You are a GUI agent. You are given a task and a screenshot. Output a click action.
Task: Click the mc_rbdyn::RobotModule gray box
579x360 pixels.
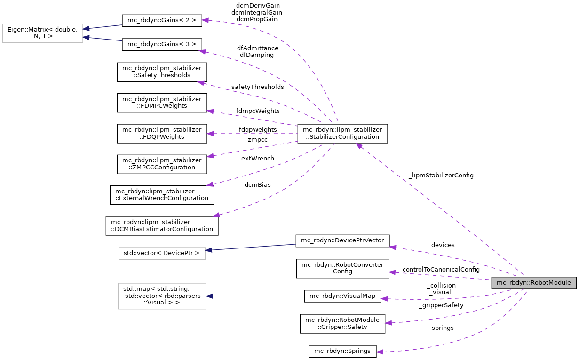click(533, 283)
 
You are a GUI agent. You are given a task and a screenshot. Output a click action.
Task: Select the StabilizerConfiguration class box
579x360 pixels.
click(342, 133)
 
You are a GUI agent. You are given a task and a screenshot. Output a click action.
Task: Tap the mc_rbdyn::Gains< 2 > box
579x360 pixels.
click(162, 20)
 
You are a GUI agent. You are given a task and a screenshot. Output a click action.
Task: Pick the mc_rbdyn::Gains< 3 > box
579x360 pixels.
click(162, 44)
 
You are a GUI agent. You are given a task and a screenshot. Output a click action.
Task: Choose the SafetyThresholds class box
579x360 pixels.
click(162, 72)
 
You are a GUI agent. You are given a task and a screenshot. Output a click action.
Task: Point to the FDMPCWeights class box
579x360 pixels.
click(162, 103)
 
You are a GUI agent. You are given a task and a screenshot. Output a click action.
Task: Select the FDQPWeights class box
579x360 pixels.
click(162, 133)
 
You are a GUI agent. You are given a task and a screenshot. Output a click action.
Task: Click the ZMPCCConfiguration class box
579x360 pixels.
click(162, 164)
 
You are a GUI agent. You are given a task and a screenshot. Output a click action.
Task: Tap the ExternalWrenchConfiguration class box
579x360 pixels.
click(162, 194)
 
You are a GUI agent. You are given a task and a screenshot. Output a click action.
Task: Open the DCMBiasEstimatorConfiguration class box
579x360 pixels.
click(162, 225)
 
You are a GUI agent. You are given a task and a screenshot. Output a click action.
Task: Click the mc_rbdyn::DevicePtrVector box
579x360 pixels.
click(342, 240)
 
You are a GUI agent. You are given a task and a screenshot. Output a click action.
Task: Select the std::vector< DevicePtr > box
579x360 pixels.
click(162, 253)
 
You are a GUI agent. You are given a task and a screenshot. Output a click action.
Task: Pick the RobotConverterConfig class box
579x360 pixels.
click(342, 268)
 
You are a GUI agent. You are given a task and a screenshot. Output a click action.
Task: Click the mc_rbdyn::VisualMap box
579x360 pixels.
click(342, 296)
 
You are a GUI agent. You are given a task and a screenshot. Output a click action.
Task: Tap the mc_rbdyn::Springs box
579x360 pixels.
click(342, 351)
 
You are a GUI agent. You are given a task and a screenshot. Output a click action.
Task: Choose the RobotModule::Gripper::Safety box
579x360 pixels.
click(342, 323)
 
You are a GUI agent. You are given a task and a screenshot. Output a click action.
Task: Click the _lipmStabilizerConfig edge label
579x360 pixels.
click(441, 175)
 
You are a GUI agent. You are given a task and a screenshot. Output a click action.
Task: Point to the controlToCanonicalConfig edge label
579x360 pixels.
click(441, 270)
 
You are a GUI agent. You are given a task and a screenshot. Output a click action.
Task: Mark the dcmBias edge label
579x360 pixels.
click(257, 185)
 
